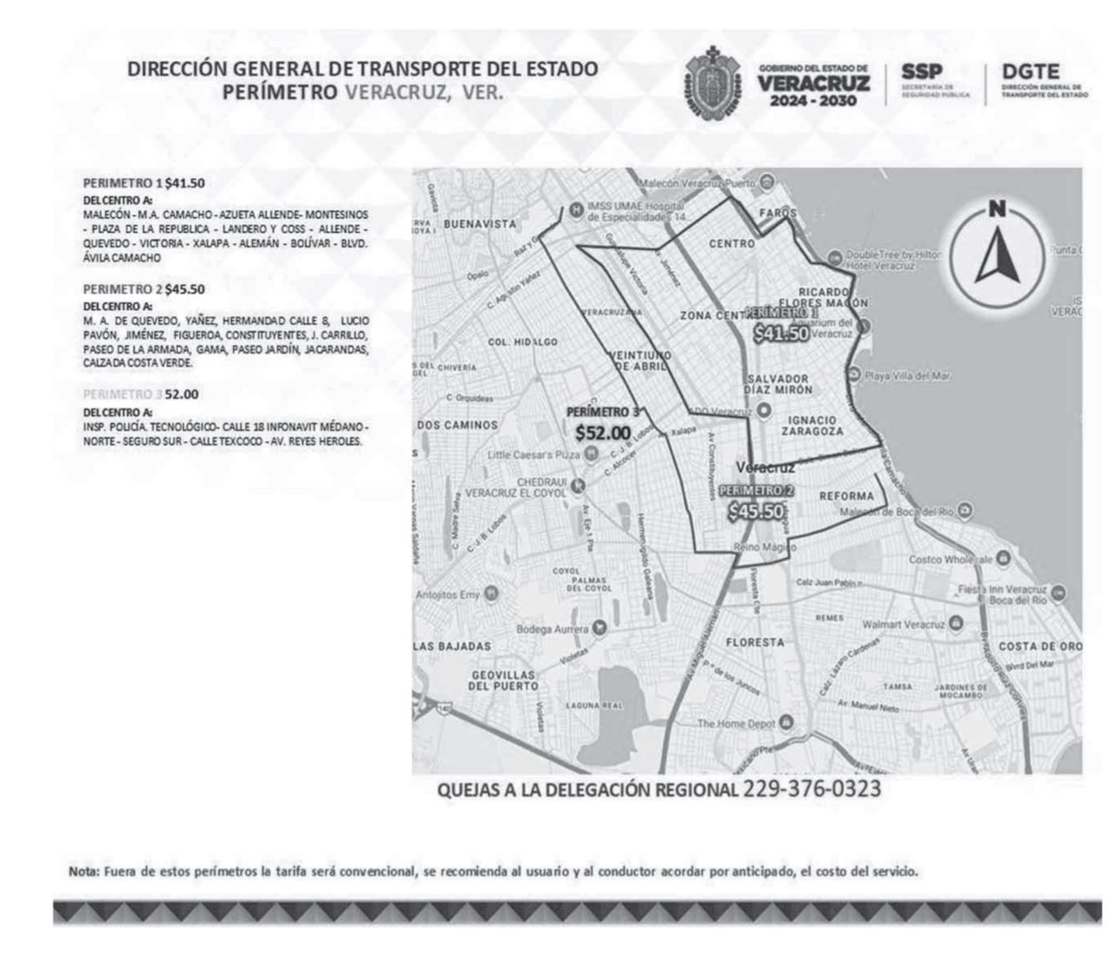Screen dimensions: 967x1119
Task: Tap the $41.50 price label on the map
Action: (781, 333)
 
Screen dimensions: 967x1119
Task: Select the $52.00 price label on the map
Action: (602, 432)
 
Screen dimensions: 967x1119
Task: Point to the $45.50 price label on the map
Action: (756, 512)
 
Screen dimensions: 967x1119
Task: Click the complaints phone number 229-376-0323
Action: (811, 790)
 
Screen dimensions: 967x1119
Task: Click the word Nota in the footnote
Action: (82, 871)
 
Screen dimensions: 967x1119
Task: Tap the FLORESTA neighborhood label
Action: (755, 643)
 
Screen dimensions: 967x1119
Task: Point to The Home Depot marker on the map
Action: (786, 722)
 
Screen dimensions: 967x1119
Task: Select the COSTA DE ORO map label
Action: (1040, 646)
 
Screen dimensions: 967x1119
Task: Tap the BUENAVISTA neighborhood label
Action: (479, 224)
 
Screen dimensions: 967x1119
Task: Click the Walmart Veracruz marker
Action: (956, 624)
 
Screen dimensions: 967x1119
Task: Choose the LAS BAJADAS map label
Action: (452, 646)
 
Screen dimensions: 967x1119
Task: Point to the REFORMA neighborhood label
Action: (845, 496)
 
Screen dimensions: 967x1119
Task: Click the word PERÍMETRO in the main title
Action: (280, 92)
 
